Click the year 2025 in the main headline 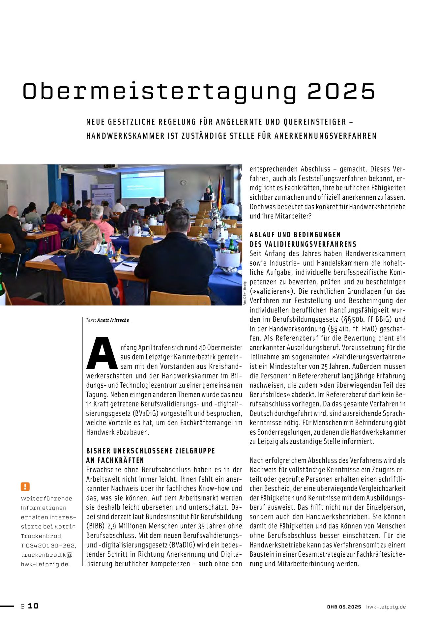341,91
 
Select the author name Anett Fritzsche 114,320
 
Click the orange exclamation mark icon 25,486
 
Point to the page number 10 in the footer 33,606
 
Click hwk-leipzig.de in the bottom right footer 386,607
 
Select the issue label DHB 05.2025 344,607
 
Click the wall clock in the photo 183,182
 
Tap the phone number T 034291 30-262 48,545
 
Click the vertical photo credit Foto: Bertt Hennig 245,293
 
